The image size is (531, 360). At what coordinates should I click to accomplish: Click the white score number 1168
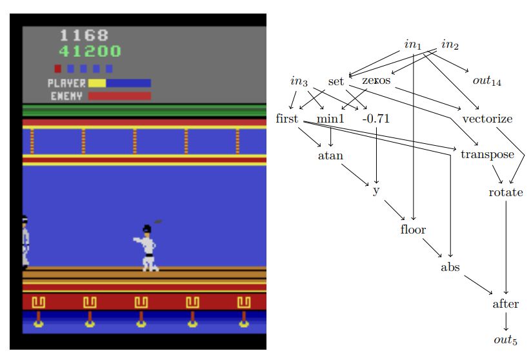coord(84,35)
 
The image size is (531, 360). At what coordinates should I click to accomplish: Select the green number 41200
coord(90,51)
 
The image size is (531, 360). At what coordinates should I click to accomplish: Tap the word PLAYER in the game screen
coord(66,83)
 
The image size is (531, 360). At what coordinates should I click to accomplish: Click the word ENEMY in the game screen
coord(66,96)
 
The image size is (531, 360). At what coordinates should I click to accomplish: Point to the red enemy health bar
coord(119,96)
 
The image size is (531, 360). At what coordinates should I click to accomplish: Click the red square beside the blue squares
coord(57,68)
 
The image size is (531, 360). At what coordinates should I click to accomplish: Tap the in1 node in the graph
coord(413,45)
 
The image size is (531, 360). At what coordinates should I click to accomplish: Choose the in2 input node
coord(450,45)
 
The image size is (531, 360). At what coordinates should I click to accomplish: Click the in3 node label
coord(299,81)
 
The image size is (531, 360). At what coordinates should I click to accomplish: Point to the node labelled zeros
coord(376,81)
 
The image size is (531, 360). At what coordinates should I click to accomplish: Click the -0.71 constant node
coord(376,119)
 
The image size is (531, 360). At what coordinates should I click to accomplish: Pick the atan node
coord(330,155)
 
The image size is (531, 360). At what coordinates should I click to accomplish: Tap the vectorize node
coord(487,119)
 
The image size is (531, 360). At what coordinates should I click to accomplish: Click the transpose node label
coord(487,155)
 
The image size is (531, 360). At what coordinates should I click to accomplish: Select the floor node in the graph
coord(413,229)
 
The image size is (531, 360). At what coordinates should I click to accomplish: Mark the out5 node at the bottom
coord(506,341)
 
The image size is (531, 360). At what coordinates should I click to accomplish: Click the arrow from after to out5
coord(506,322)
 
